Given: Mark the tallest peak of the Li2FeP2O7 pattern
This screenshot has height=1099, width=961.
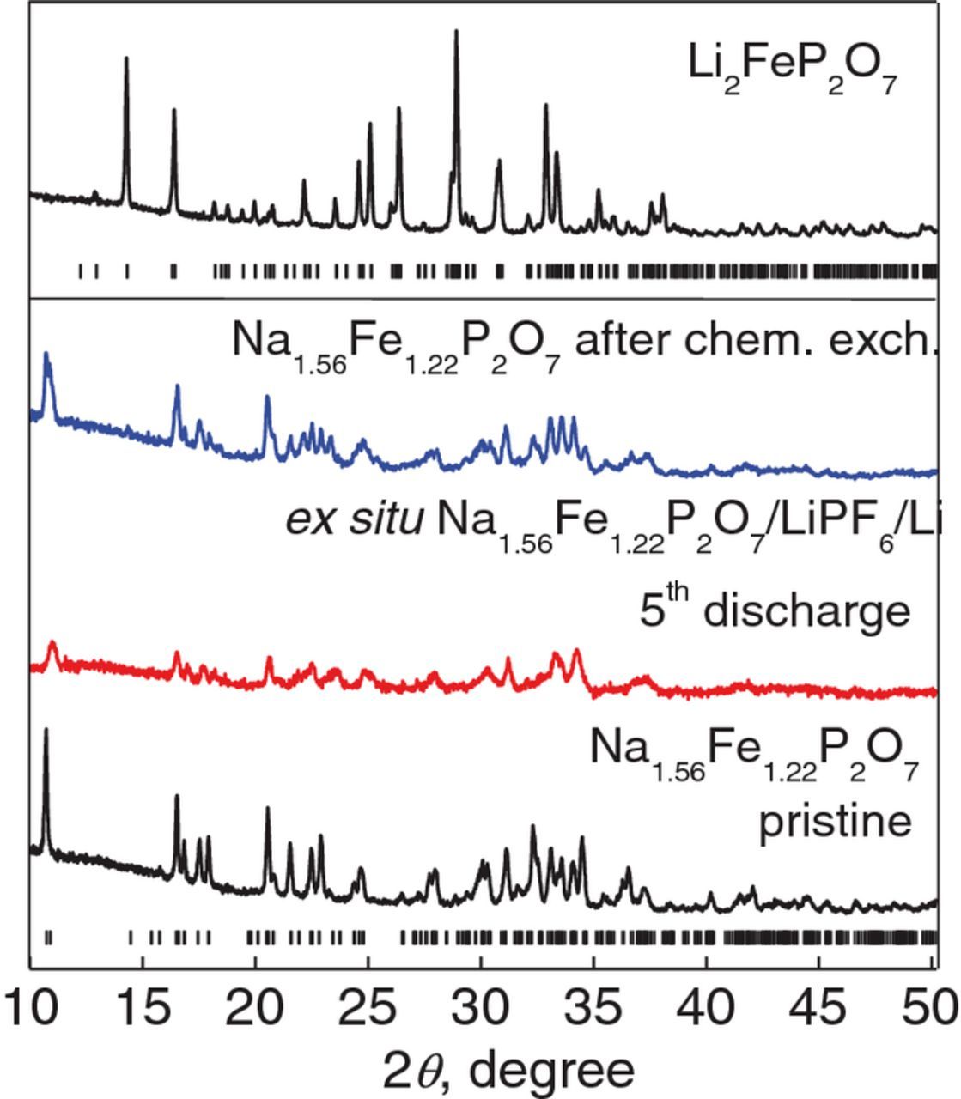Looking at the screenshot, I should click(x=456, y=32).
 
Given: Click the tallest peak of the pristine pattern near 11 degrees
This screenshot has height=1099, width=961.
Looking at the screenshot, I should click(x=46, y=730).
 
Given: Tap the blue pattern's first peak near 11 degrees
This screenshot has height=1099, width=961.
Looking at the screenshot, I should click(x=46, y=355).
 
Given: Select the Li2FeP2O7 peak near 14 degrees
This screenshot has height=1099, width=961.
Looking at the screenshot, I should click(x=126, y=58).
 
